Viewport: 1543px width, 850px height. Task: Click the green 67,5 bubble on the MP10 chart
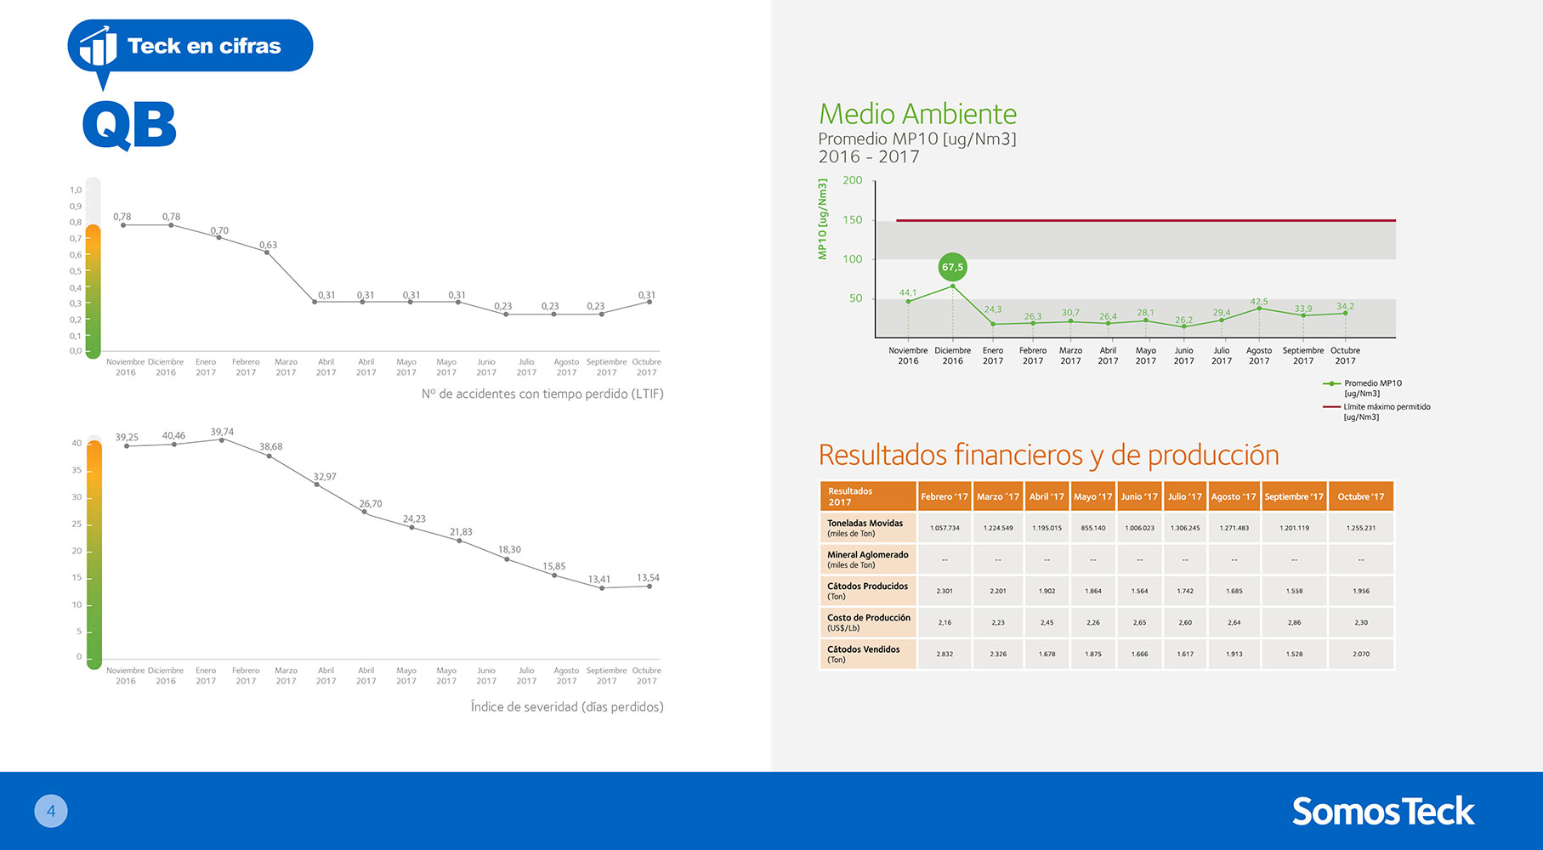click(x=952, y=267)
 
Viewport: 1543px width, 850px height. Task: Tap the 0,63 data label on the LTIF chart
click(x=268, y=245)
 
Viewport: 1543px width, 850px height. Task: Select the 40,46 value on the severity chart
click(x=173, y=435)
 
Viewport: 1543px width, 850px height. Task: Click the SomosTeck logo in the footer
click(x=1383, y=811)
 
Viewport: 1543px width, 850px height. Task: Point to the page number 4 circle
click(x=51, y=811)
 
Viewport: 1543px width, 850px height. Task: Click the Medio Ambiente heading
click(x=917, y=114)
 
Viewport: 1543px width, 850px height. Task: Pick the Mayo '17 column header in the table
click(x=1092, y=496)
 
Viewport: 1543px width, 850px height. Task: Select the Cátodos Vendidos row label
click(x=863, y=654)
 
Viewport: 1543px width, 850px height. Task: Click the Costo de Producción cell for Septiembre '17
click(x=1294, y=622)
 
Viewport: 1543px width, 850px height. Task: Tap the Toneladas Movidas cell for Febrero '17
click(x=945, y=528)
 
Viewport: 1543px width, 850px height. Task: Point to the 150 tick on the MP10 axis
click(x=852, y=219)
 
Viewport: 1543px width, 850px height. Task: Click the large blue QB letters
click(x=129, y=125)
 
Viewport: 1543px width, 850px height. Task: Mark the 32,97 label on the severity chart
click(x=325, y=477)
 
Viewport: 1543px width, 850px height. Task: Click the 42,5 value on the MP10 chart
click(x=1259, y=302)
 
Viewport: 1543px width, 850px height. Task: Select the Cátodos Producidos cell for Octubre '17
click(x=1361, y=591)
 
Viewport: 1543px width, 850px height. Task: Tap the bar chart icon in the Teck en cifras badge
click(x=99, y=46)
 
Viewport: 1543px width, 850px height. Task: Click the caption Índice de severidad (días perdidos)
click(x=567, y=706)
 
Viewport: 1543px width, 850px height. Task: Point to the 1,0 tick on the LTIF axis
click(x=76, y=190)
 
